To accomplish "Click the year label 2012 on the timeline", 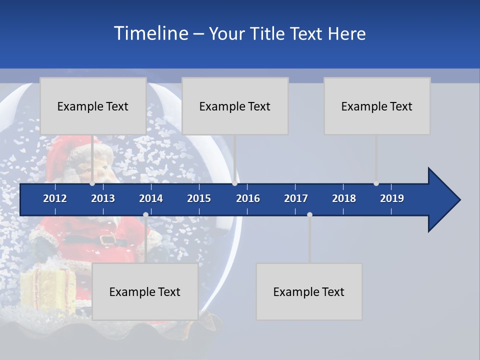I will click(x=55, y=198).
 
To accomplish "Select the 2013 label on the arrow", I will click(x=103, y=198).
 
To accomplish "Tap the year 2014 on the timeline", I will click(x=151, y=198).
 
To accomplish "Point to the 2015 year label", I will click(x=199, y=198).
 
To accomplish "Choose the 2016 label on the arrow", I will click(x=248, y=198).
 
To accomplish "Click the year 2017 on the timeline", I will click(x=296, y=198).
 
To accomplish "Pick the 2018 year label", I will click(x=344, y=198).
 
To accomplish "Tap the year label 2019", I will click(x=392, y=198).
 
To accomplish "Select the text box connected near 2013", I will click(x=93, y=106).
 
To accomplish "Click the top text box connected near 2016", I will click(x=235, y=106).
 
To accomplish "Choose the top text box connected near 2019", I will click(x=377, y=106).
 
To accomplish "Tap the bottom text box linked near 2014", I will click(x=145, y=291).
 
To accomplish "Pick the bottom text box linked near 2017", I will click(x=309, y=291).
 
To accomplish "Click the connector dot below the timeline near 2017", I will click(x=309, y=214).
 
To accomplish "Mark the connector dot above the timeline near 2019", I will click(x=376, y=183).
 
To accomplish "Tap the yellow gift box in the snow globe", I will click(x=48, y=290).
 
